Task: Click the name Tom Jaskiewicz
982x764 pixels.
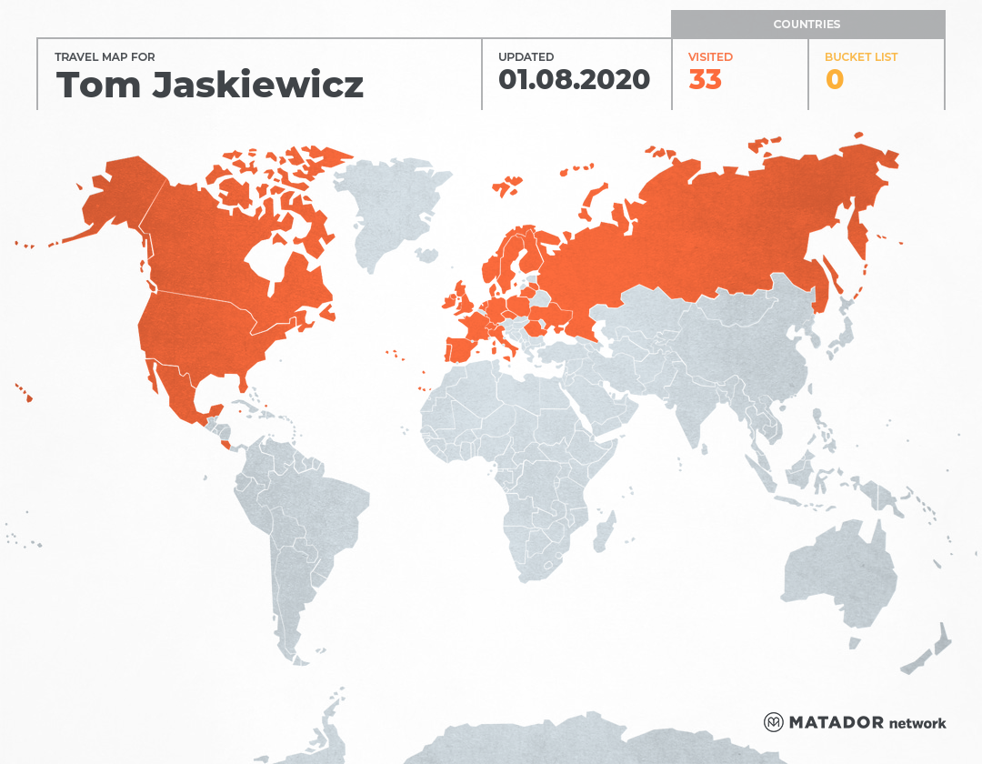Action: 210,85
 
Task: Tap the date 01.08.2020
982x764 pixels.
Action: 574,80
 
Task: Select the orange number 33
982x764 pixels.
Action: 705,80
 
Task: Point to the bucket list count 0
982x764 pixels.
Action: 834,80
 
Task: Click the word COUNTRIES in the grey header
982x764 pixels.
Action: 807,25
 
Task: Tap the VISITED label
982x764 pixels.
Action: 710,56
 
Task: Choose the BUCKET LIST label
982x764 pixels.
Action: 860,56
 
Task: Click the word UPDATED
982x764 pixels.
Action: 526,56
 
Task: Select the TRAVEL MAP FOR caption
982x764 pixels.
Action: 105,56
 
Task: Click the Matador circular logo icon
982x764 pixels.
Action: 774,722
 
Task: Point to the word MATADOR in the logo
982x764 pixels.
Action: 836,722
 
